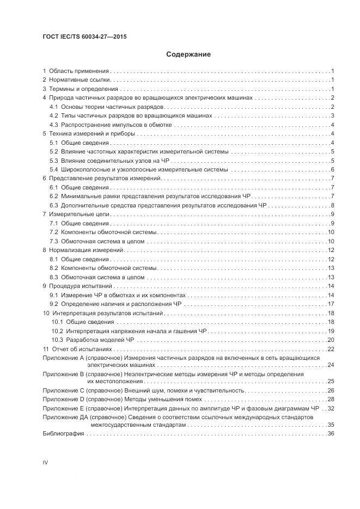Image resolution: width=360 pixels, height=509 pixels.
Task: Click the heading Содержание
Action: point(188,54)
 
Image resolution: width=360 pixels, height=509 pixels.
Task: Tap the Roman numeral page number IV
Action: point(45,462)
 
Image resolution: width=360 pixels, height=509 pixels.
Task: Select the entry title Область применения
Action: point(79,71)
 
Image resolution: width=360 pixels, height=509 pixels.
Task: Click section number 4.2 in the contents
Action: point(53,115)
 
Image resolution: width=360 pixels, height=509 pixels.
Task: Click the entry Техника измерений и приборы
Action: point(92,133)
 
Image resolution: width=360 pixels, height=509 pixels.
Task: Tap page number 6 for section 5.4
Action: point(332,169)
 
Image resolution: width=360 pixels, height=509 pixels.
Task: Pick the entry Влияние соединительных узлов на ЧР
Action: point(117,160)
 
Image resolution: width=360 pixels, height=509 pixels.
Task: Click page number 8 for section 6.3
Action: point(332,205)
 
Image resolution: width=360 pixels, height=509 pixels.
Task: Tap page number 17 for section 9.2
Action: point(330,304)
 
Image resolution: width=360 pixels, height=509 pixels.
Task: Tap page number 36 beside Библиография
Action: point(330,433)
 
